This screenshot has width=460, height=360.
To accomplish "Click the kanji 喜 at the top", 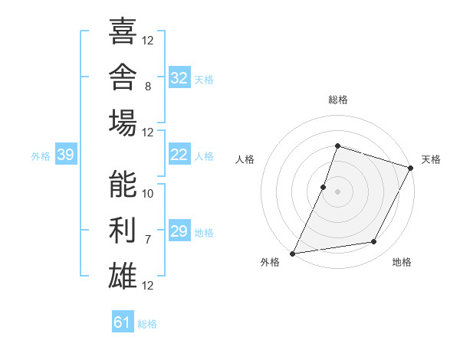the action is coord(123,31).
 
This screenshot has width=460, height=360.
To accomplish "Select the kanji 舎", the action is coord(123,77).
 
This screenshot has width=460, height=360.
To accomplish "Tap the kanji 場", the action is coord(123,123).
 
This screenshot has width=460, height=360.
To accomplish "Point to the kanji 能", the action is coord(123,184).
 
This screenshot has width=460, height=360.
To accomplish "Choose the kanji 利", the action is coord(123,230).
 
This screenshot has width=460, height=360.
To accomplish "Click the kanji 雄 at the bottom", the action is coord(123,276).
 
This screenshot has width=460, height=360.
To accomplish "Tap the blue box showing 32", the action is coord(179,77).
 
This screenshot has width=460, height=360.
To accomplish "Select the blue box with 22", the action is coord(179,154).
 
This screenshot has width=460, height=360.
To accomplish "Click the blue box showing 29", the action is coord(179,230).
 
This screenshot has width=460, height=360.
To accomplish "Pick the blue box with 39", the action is coord(66,154).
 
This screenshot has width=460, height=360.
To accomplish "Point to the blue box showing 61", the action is coord(123,321).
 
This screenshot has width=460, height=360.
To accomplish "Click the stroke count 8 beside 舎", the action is coord(148,87).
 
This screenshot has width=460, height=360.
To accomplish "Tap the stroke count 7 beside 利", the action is coord(148,240).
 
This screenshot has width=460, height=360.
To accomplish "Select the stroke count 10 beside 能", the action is coord(147,194).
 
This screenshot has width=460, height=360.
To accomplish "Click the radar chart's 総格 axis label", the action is coord(338,100).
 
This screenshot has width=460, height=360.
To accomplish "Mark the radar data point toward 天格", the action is coord(411,168).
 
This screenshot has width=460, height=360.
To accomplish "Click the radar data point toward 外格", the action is coord(293,254).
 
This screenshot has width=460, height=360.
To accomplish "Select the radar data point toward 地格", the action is coord(374,241).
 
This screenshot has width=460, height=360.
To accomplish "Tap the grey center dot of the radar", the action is coord(337,191).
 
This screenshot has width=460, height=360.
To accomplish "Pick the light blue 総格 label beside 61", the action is coord(147,324).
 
